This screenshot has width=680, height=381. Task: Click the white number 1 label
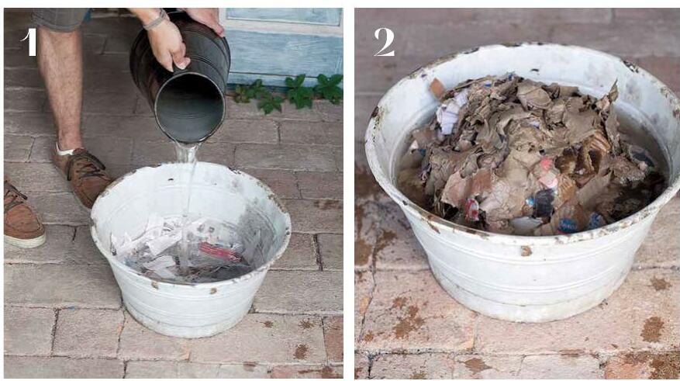click(29, 42)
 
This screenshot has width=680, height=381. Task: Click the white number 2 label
click(385, 42)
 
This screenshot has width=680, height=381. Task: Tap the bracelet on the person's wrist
click(156, 20)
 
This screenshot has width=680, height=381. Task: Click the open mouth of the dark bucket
click(190, 111)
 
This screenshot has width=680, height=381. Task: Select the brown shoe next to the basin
click(82, 175)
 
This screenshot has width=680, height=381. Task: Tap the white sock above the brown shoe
click(64, 151)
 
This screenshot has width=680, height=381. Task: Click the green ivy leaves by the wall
click(288, 92)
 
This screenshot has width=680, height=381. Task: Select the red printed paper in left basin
click(219, 251)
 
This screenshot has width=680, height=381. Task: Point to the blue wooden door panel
click(285, 43)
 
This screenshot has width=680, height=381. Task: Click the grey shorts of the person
click(60, 18)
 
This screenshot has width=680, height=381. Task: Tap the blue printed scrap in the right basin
click(568, 225)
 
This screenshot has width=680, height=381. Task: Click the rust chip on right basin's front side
click(526, 251)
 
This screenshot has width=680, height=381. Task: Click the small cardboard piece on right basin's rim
click(437, 88)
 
